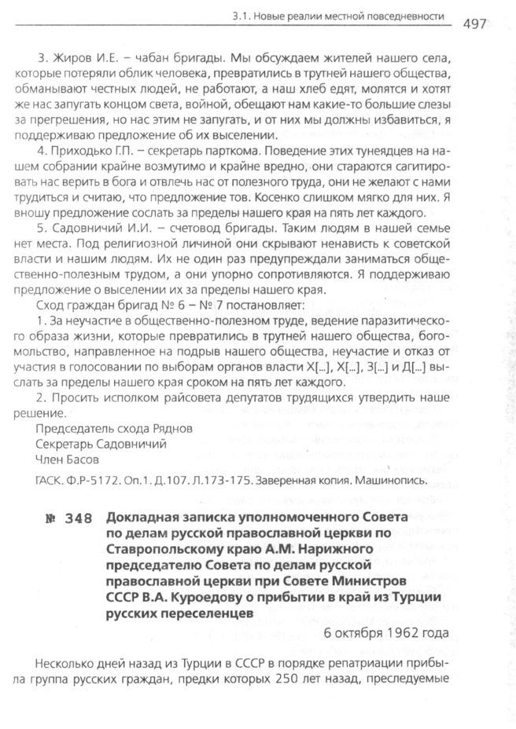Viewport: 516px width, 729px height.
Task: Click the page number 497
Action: coord(475,23)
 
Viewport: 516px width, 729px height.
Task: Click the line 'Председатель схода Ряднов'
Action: coord(114,429)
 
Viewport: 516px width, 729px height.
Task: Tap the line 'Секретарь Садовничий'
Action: coord(101,444)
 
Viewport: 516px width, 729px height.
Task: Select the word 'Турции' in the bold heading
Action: coord(408,597)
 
